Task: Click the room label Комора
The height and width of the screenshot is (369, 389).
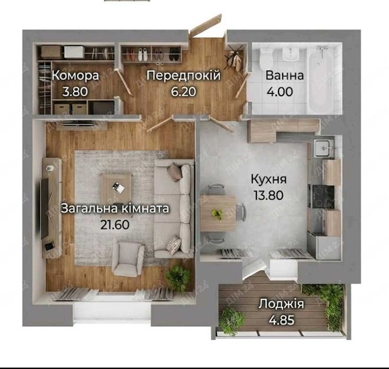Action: coord(75,76)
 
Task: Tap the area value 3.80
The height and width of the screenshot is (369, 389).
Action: coord(75,91)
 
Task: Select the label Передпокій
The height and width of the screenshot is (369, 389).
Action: coord(183,76)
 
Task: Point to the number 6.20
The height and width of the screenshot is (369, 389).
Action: coord(183,91)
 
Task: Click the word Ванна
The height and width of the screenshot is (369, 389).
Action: coord(284,76)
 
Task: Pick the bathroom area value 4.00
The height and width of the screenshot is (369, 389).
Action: coord(284,91)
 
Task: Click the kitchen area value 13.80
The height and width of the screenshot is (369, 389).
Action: coord(268,195)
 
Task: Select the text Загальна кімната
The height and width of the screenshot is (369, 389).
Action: coord(115,209)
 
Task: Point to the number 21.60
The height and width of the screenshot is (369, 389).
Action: coord(115,224)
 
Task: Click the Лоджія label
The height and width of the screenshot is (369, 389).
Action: coord(282,304)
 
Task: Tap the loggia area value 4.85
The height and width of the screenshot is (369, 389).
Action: coord(282,319)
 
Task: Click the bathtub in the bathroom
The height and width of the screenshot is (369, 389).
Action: coord(320,79)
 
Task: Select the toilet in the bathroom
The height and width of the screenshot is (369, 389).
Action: coord(265,57)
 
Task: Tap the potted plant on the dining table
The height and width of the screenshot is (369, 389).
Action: coord(216,213)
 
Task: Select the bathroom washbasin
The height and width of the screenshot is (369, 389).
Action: coord(289,55)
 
